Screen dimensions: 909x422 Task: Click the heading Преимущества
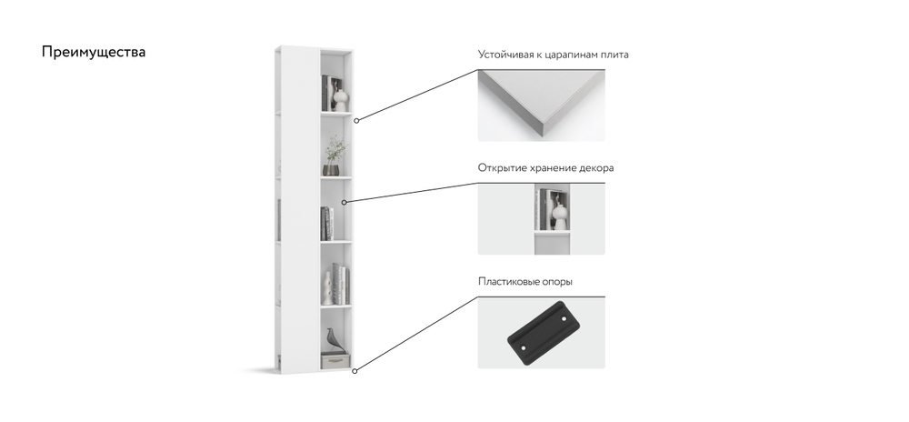94,52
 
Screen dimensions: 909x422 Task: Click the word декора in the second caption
596,168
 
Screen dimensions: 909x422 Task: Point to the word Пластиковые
509,282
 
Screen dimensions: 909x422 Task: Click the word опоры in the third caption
558,282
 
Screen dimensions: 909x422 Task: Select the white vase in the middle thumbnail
559,214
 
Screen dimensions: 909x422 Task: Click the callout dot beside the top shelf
356,121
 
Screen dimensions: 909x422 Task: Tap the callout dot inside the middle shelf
344,202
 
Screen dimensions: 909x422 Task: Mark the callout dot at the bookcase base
355,371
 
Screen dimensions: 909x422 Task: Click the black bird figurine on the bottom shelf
333,340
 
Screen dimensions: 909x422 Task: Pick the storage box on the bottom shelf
335,362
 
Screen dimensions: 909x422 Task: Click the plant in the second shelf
335,149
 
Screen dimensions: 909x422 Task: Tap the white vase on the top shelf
341,100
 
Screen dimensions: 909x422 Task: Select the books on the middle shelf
327,224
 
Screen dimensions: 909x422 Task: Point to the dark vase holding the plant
331,169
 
